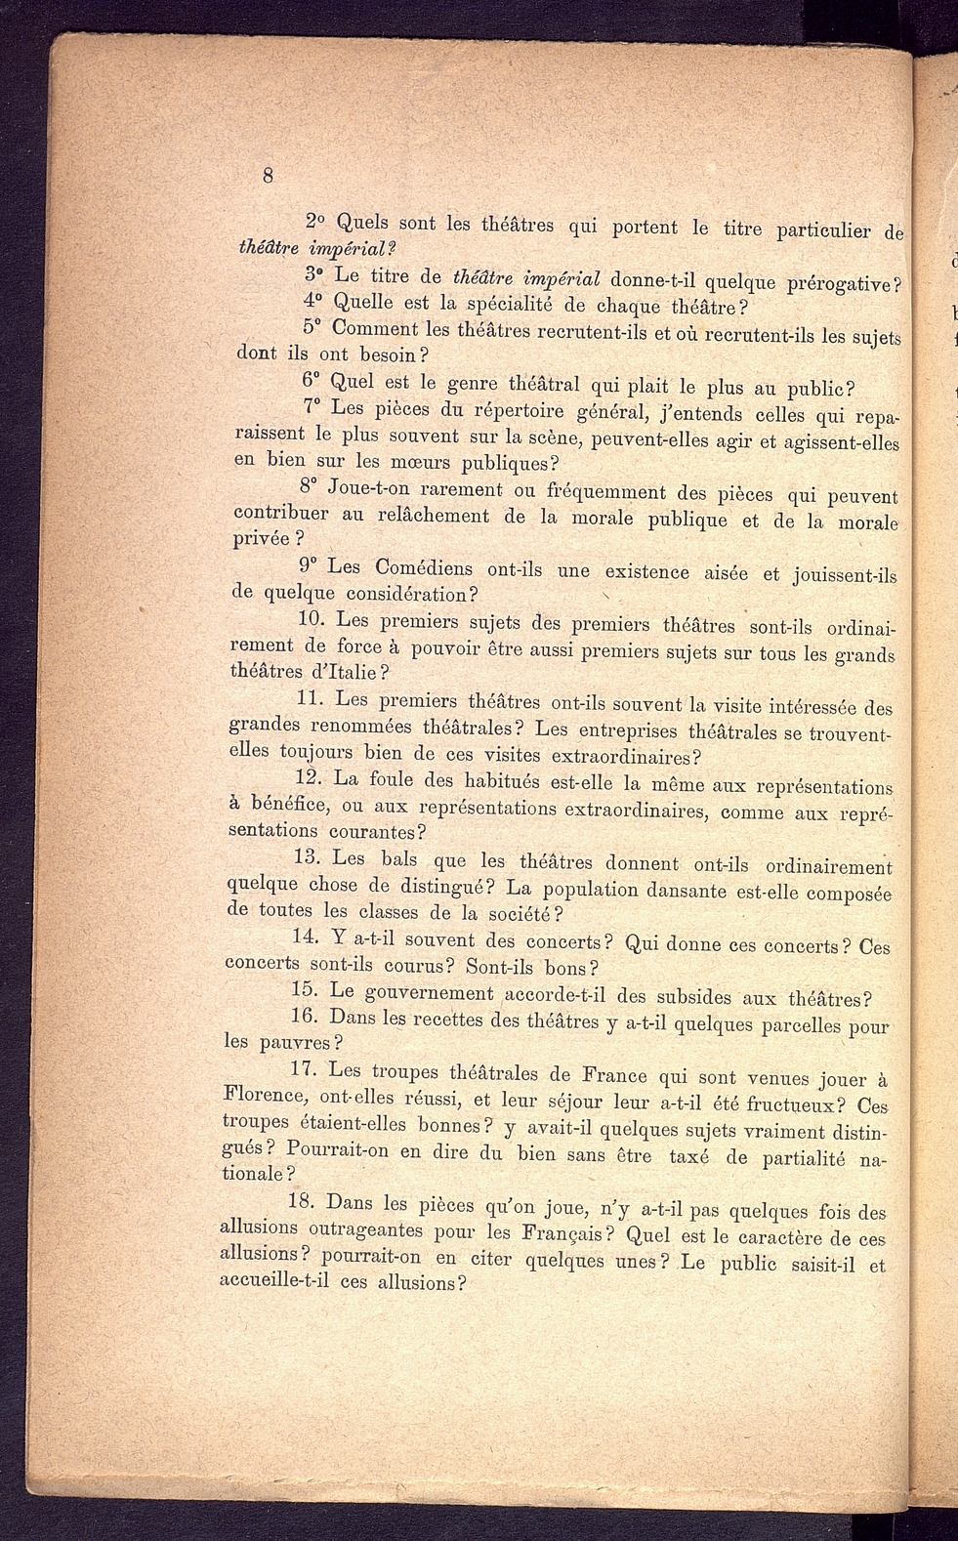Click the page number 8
click(x=268, y=176)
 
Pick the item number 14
click(x=307, y=937)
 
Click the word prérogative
click(x=839, y=284)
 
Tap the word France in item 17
click(x=614, y=1075)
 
